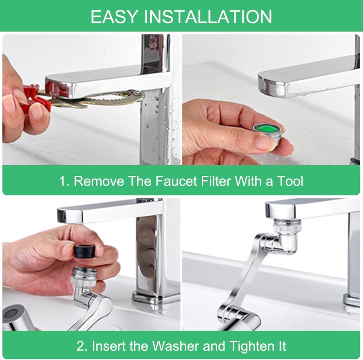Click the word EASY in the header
[114, 17]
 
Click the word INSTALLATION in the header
[208, 17]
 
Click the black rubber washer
[86, 252]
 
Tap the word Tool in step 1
[290, 181]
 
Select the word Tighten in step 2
[251, 346]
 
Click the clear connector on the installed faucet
[287, 226]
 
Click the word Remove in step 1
[99, 181]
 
